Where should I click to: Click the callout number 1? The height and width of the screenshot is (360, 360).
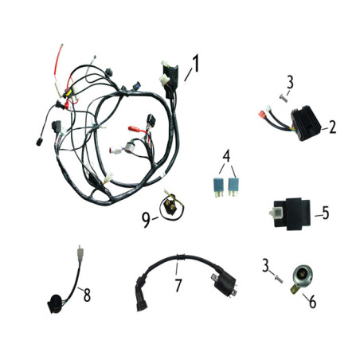(195, 63)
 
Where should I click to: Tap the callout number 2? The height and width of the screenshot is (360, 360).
(332, 127)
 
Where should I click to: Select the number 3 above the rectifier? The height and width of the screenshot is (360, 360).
(290, 82)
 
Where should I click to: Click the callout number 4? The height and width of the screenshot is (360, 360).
(226, 156)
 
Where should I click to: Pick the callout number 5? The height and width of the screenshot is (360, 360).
(326, 213)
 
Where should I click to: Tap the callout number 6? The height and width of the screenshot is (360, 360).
(312, 302)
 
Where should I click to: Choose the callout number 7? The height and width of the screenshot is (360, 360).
(178, 285)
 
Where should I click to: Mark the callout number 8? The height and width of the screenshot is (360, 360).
(87, 295)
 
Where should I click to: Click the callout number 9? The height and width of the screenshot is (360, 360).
(146, 221)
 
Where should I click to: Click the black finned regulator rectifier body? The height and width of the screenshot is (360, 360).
(306, 123)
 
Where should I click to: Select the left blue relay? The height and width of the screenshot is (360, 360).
(218, 187)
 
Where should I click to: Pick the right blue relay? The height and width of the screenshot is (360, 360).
(233, 187)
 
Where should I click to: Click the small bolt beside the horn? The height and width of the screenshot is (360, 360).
(278, 279)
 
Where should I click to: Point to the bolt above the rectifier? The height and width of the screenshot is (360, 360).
(284, 99)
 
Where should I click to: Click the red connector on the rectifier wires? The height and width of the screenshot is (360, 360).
(262, 115)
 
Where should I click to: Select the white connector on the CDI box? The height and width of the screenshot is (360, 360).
(276, 213)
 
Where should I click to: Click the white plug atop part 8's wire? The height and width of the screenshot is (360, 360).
(79, 252)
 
